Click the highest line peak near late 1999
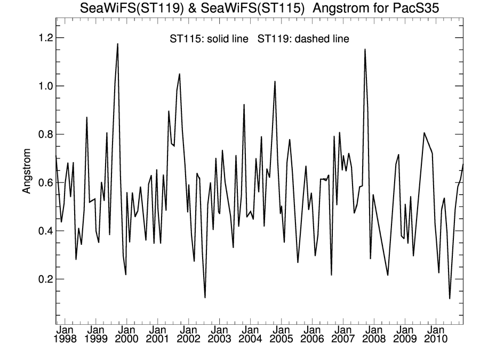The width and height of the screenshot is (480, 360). coord(117,44)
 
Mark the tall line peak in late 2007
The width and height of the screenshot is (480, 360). coord(365,50)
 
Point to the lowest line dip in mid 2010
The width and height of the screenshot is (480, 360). coord(450,298)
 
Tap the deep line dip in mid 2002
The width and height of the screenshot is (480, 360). coord(205,297)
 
